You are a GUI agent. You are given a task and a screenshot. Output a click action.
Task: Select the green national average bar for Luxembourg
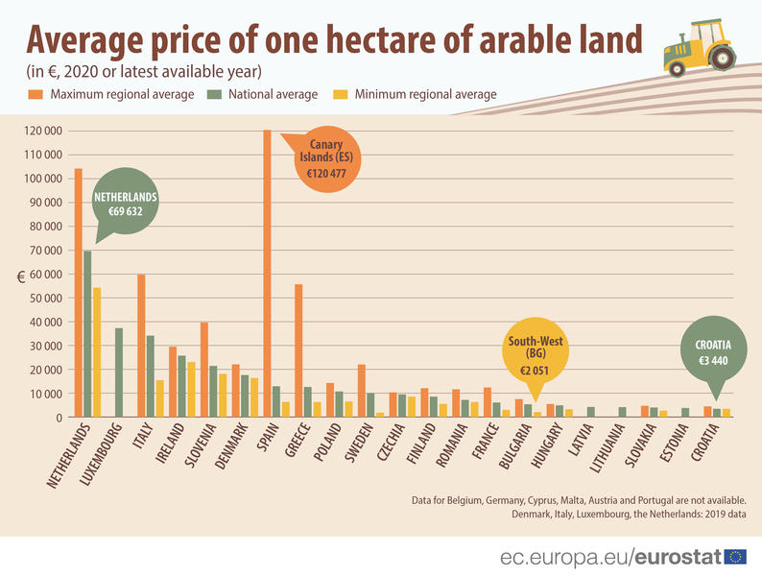119,372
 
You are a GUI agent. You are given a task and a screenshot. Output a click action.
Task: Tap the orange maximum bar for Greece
298,350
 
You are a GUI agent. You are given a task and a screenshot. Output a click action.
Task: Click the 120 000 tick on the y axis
43,131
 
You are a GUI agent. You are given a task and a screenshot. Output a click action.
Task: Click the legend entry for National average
274,94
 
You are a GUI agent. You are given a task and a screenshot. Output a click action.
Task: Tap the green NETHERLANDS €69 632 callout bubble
126,204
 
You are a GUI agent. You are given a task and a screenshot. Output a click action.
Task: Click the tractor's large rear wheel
722,58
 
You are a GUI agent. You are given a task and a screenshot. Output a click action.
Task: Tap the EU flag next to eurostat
735,557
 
